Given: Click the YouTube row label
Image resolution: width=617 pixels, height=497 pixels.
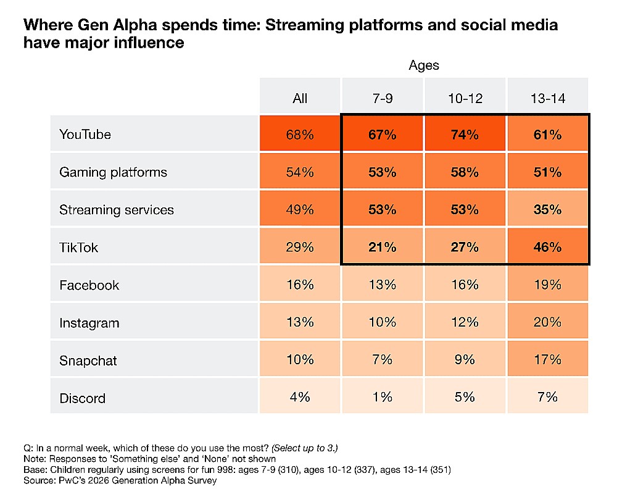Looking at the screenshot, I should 85,134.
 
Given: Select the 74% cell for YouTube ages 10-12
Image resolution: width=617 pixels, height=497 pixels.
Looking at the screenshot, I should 465,135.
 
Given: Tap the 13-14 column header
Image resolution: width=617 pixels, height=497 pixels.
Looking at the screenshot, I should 547,98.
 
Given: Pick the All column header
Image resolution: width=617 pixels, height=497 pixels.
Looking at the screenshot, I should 300,98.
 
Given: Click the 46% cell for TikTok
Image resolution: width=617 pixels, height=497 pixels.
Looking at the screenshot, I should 547,248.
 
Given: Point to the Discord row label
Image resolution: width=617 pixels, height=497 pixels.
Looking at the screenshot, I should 82,398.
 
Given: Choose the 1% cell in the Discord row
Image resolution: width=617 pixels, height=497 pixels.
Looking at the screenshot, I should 383,398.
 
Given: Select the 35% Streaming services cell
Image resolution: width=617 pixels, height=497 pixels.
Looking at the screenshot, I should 547,210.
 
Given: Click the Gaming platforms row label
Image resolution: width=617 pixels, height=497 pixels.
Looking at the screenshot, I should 113,172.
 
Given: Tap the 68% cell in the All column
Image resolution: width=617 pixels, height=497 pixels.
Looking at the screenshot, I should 300,135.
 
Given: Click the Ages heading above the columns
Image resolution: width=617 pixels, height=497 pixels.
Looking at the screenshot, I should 423,65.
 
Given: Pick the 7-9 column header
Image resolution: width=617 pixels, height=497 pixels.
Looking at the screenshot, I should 383,98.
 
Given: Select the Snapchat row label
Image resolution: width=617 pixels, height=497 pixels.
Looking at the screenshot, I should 88,361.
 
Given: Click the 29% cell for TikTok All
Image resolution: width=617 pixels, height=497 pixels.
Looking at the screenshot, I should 300,248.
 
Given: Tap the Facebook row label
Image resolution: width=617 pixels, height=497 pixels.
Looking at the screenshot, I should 89,285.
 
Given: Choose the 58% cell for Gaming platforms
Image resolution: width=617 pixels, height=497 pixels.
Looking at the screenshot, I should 465,172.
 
